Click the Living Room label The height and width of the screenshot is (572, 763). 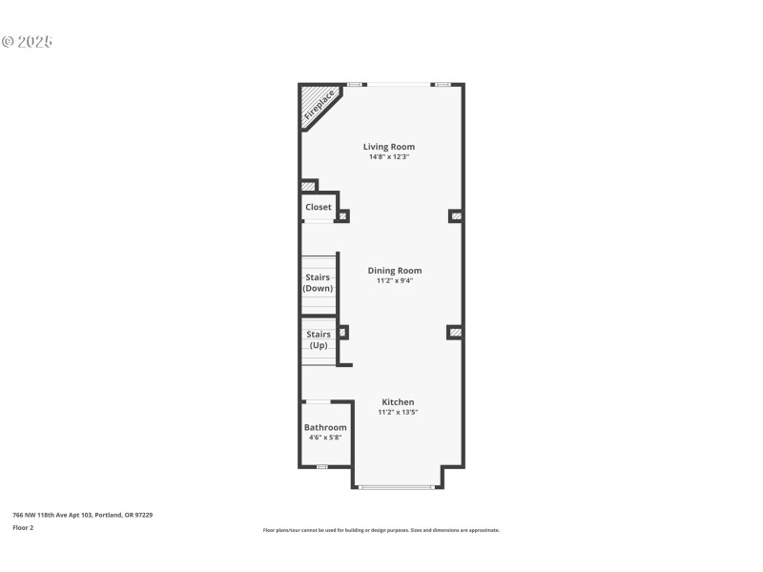point(388,147)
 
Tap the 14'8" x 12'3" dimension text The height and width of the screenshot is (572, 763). point(388,157)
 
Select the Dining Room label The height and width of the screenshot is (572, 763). point(394,271)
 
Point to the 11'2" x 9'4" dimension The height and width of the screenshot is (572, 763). point(394,281)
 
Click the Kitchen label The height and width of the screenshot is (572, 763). point(398,401)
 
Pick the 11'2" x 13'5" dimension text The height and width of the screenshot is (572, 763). point(398,412)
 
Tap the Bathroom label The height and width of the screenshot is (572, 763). point(325,428)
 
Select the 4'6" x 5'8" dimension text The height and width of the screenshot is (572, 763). point(325,439)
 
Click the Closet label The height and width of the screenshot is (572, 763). point(319,207)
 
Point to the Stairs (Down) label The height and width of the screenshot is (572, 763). point(318,282)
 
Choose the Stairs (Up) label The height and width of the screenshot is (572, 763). point(318,339)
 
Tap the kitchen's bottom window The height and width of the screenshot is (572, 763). point(397,487)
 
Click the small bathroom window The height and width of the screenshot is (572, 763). point(322,466)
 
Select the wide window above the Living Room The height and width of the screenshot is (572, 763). point(398,84)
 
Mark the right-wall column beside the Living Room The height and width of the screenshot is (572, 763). point(456,216)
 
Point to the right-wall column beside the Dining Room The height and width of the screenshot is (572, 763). point(456,332)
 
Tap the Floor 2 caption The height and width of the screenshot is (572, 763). point(23,527)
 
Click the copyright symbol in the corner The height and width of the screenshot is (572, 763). point(9,42)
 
